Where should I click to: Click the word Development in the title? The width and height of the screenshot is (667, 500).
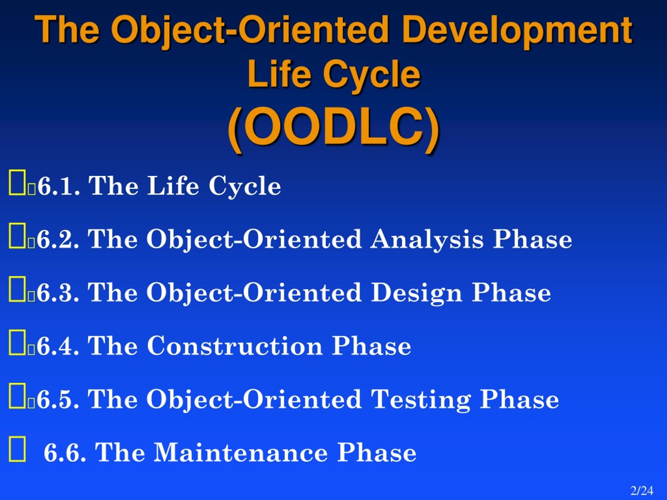(x=517, y=30)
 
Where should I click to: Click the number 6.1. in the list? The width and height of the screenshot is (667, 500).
(x=59, y=186)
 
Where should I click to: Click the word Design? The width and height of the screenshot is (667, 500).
(x=416, y=293)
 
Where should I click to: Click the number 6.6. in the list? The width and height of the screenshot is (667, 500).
(x=65, y=453)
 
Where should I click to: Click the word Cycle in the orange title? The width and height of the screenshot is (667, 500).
(x=372, y=74)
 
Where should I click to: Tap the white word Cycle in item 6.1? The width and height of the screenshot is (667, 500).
(x=245, y=186)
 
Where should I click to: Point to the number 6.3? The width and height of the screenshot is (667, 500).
(x=58, y=293)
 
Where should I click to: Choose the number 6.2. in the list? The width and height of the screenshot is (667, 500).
(x=58, y=239)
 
